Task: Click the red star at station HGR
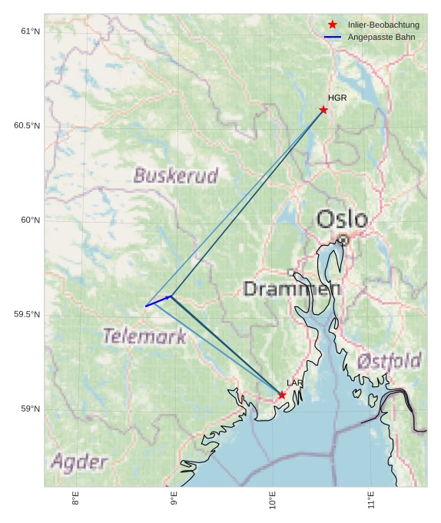pyautogui.click(x=323, y=110)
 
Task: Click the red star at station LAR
pyautogui.click(x=282, y=395)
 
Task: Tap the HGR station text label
pyautogui.click(x=337, y=98)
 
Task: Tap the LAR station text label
pyautogui.click(x=295, y=382)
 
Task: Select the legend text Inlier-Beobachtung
pyautogui.click(x=383, y=25)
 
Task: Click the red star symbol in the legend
pyautogui.click(x=332, y=25)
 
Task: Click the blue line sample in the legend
pyautogui.click(x=332, y=37)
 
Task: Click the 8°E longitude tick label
pyautogui.click(x=75, y=500)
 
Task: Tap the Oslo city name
pyautogui.click(x=342, y=220)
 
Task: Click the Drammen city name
pyautogui.click(x=292, y=290)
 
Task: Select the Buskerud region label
pyautogui.click(x=176, y=176)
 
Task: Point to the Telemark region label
pyautogui.click(x=144, y=336)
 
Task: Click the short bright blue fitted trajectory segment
pyautogui.click(x=158, y=301)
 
